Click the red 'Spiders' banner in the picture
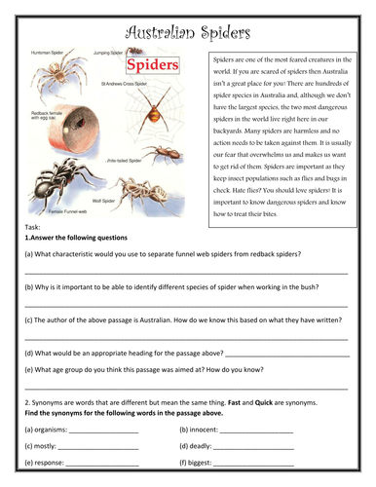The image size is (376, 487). tap(151, 66)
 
